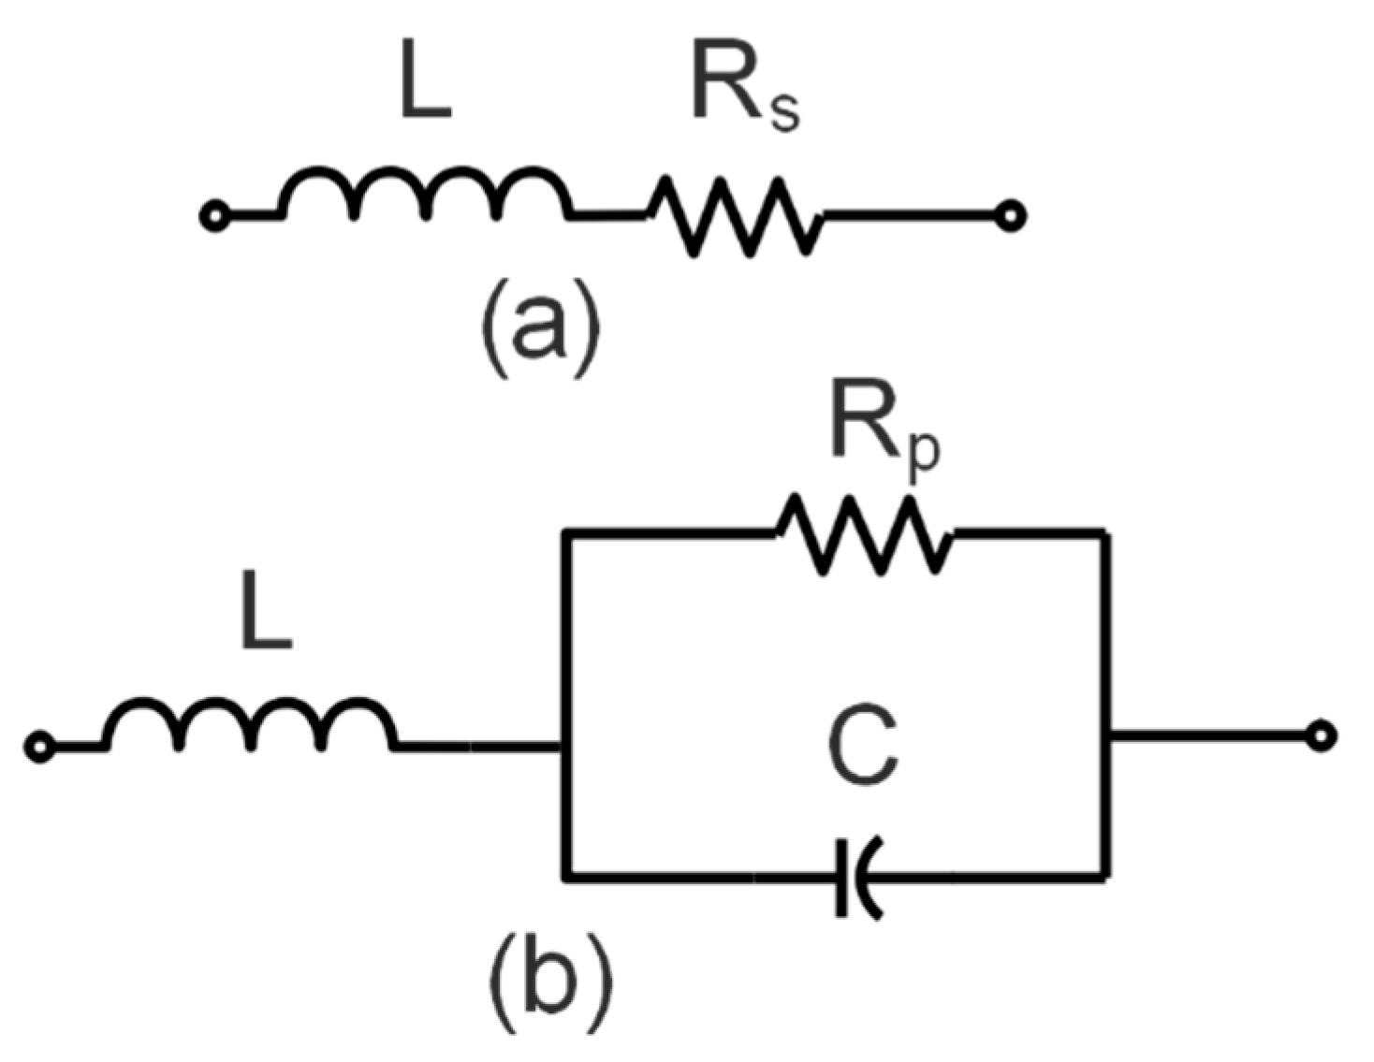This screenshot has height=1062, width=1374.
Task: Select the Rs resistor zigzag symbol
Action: pyautogui.click(x=736, y=216)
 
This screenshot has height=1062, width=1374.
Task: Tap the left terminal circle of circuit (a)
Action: pyautogui.click(x=214, y=217)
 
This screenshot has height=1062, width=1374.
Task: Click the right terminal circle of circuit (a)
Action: pyautogui.click(x=1011, y=217)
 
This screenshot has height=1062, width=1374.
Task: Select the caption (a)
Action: pyautogui.click(x=540, y=327)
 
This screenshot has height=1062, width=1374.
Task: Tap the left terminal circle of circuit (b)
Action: pyautogui.click(x=39, y=747)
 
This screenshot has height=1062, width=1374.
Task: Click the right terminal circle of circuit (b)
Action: pyautogui.click(x=1321, y=736)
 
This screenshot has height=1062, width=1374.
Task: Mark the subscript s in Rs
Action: pyautogui.click(x=784, y=110)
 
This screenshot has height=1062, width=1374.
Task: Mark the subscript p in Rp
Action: pyautogui.click(x=923, y=456)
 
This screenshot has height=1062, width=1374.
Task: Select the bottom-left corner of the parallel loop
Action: pyautogui.click(x=565, y=877)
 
